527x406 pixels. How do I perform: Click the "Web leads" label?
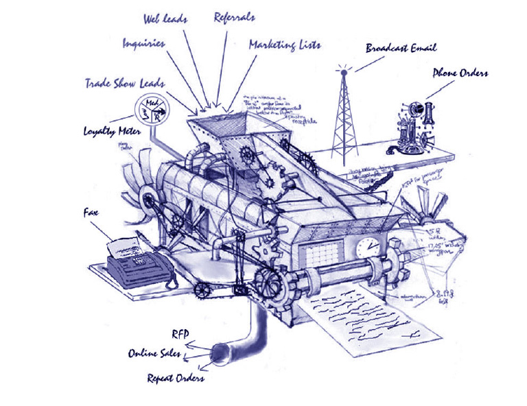coord(165,18)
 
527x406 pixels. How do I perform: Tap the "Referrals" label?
coord(235,16)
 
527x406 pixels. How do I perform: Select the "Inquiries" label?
coord(144,43)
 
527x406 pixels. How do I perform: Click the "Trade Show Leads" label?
coord(124,83)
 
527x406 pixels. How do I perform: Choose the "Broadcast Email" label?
coord(401,48)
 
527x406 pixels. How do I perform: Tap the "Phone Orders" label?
coord(460,73)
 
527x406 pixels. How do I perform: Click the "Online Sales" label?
coord(155,354)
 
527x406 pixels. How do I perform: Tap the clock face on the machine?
coord(369,248)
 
